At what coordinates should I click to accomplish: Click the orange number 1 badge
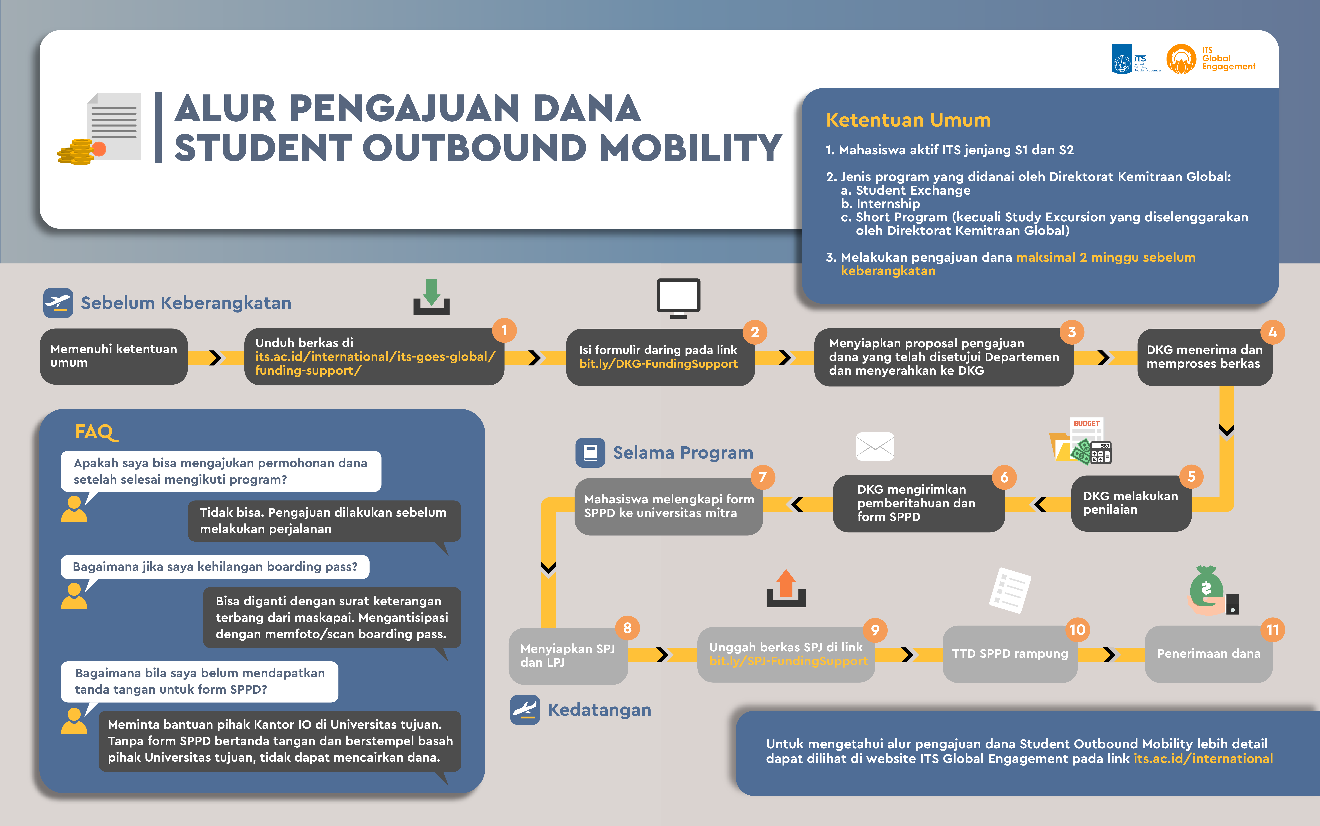pos(504,331)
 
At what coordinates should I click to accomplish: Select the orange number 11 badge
pos(1273,630)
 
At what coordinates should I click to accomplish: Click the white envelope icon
pos(875,446)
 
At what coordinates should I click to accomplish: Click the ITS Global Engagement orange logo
pos(1181,59)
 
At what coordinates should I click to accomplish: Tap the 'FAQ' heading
pos(96,432)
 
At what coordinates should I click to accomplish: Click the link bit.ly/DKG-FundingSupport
pos(658,364)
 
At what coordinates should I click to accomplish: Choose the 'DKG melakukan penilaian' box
pos(1130,503)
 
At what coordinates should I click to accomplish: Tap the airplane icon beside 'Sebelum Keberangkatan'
pos(58,303)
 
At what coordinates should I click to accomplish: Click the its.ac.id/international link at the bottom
pos(1203,759)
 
